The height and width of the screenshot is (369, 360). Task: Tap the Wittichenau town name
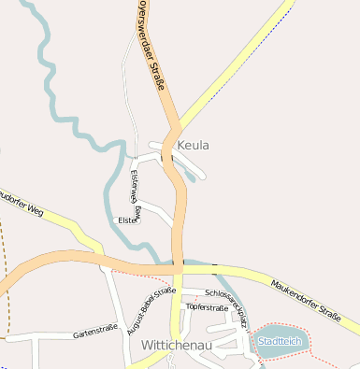point(177,345)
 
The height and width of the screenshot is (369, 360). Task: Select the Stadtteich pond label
point(281,341)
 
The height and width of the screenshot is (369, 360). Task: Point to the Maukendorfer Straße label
point(303,299)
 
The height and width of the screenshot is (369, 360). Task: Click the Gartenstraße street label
point(94,329)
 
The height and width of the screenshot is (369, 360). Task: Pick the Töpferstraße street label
point(208,307)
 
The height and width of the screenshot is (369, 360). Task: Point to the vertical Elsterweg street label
point(137,192)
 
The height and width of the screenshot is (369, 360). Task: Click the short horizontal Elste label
point(125,220)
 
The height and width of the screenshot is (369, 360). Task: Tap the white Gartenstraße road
point(56,334)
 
